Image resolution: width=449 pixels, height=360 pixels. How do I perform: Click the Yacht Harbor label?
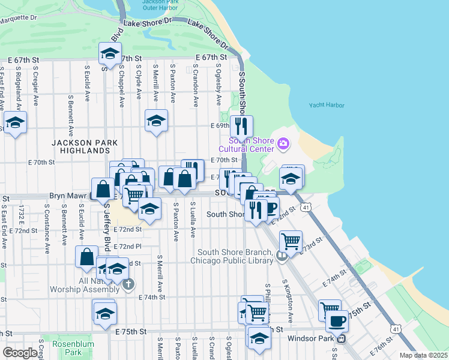[x=327, y=105]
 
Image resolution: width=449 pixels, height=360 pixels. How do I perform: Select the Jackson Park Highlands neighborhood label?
[x=84, y=146]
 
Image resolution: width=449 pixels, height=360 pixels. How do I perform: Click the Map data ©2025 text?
[x=424, y=355]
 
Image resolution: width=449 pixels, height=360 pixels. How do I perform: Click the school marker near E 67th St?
[x=110, y=54]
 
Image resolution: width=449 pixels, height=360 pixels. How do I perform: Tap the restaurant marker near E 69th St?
[x=241, y=126]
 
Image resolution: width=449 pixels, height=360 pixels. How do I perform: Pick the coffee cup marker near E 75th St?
[x=337, y=321]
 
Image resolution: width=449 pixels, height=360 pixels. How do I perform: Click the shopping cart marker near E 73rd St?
[x=291, y=241]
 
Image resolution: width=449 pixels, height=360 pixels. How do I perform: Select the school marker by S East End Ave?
[x=15, y=124]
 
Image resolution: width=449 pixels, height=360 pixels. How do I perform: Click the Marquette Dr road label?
[x=18, y=18]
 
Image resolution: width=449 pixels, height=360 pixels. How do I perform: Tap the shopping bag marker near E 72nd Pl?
[x=86, y=256]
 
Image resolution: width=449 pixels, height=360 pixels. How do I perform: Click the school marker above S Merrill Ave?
[x=156, y=121]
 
